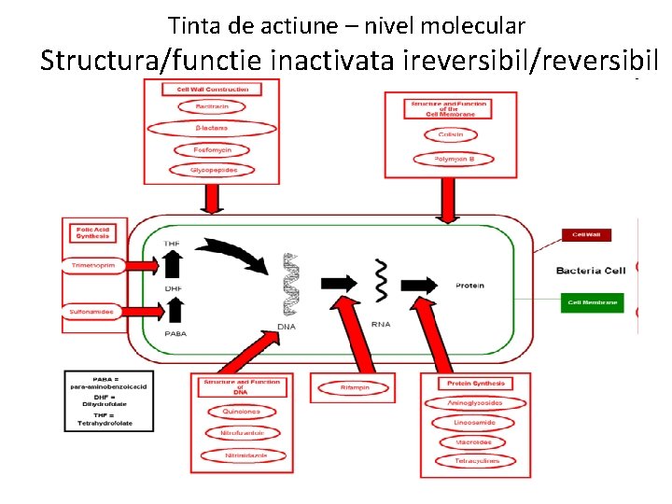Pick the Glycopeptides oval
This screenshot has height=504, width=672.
pyautogui.click(x=214, y=170)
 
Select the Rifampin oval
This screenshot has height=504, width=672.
pyautogui.click(x=354, y=387)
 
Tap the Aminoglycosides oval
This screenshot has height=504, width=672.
pyautogui.click(x=475, y=403)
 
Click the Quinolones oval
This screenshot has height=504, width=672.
pyautogui.click(x=241, y=412)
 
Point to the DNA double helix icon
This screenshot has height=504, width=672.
pyautogui.click(x=293, y=284)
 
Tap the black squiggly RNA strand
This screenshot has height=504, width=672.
pyautogui.click(x=381, y=281)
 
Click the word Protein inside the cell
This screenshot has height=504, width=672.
pyautogui.click(x=469, y=285)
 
